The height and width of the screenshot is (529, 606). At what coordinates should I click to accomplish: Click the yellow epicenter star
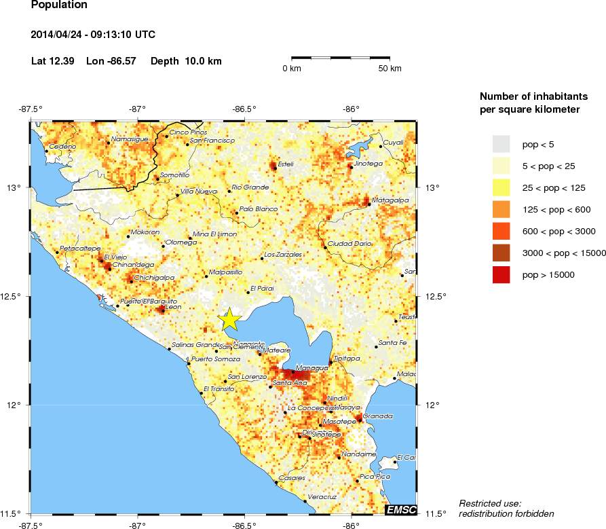230,318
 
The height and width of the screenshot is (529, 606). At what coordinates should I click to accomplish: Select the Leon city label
174,307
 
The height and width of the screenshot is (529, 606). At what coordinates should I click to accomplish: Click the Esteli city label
286,164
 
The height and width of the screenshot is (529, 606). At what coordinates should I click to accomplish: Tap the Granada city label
378,416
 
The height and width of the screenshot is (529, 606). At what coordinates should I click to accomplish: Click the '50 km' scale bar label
390,69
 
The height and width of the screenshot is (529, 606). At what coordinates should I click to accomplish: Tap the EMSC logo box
400,509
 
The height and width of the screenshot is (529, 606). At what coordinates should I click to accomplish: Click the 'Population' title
59,5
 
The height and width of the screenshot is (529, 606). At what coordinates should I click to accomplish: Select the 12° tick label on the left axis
16,405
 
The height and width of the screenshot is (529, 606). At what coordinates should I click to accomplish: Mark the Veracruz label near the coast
322,497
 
